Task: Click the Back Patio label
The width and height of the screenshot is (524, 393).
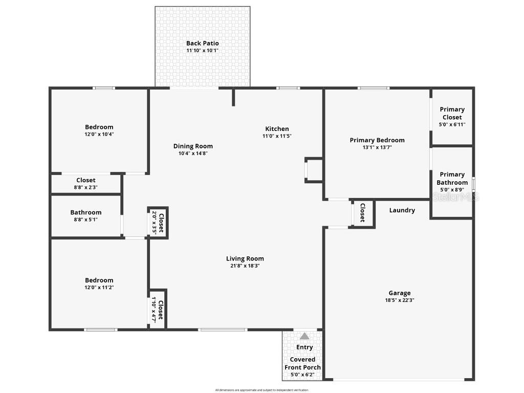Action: pyautogui.click(x=202, y=43)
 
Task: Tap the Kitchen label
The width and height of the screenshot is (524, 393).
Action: pyautogui.click(x=277, y=129)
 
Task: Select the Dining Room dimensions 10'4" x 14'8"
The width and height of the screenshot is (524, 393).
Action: pyautogui.click(x=193, y=153)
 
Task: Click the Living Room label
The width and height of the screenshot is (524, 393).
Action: pyautogui.click(x=245, y=258)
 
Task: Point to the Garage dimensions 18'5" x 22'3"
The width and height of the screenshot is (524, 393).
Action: pyautogui.click(x=399, y=300)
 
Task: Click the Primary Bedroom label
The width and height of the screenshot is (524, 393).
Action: pyautogui.click(x=377, y=140)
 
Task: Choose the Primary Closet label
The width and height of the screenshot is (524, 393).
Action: pyautogui.click(x=452, y=113)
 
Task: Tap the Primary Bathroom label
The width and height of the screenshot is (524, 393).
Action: pyautogui.click(x=452, y=179)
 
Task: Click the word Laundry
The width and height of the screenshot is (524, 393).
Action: pyautogui.click(x=402, y=210)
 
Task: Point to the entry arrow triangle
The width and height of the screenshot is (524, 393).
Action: pyautogui.click(x=304, y=336)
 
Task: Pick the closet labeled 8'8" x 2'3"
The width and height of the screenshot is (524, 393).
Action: pyautogui.click(x=86, y=183)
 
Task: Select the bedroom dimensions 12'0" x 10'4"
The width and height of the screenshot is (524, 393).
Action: pyautogui.click(x=99, y=134)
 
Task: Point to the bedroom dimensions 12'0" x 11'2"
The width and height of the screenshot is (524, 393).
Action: pyautogui.click(x=99, y=288)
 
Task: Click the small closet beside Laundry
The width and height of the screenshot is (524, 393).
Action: pyautogui.click(x=362, y=212)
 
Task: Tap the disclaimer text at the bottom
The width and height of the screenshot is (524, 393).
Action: pyautogui.click(x=262, y=390)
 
